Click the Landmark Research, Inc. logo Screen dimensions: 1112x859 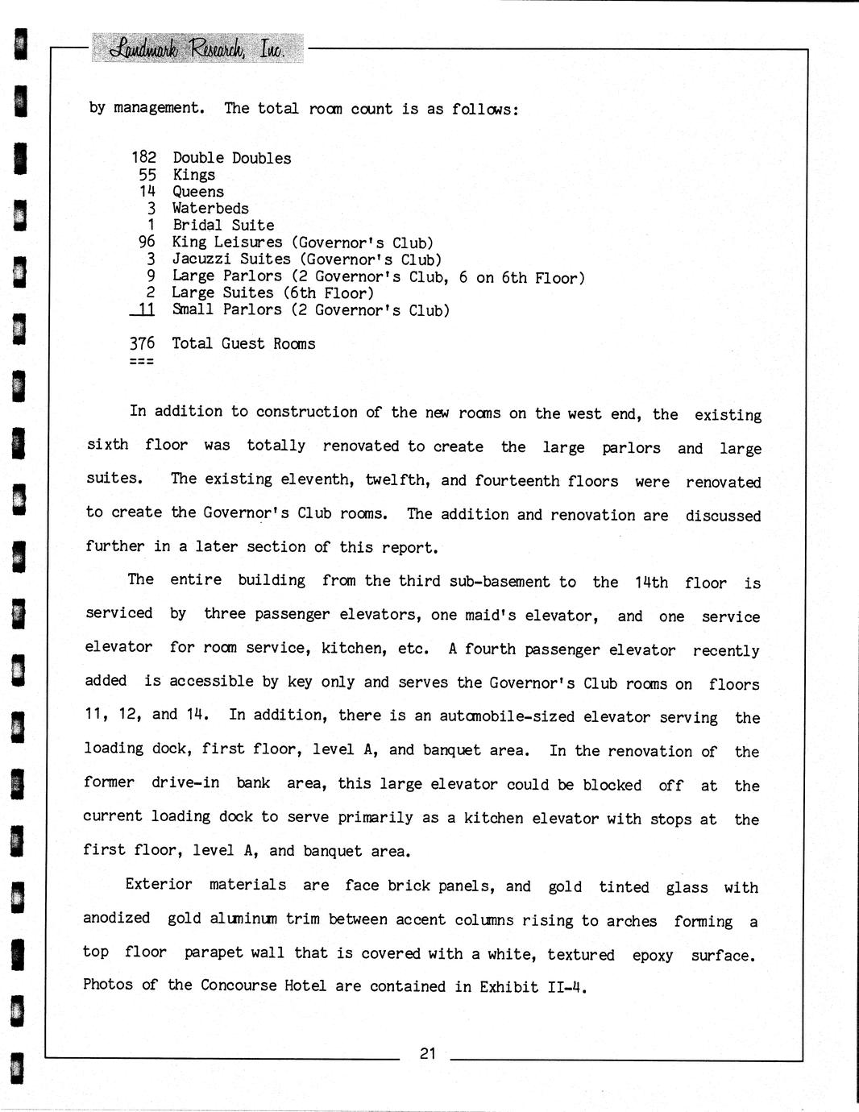tap(197, 48)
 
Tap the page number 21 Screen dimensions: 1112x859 tap(428, 1053)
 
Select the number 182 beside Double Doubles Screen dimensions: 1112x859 tap(143, 158)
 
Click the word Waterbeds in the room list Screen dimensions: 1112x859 tap(210, 209)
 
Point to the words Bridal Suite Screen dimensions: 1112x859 tap(223, 226)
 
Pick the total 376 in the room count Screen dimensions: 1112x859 tap(142, 343)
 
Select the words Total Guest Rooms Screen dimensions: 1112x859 tap(243, 343)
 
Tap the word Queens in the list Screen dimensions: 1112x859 tap(198, 192)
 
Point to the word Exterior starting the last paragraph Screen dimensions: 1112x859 tap(159, 884)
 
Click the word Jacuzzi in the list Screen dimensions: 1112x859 tap(205, 259)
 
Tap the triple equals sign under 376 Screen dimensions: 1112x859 tap(142, 360)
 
